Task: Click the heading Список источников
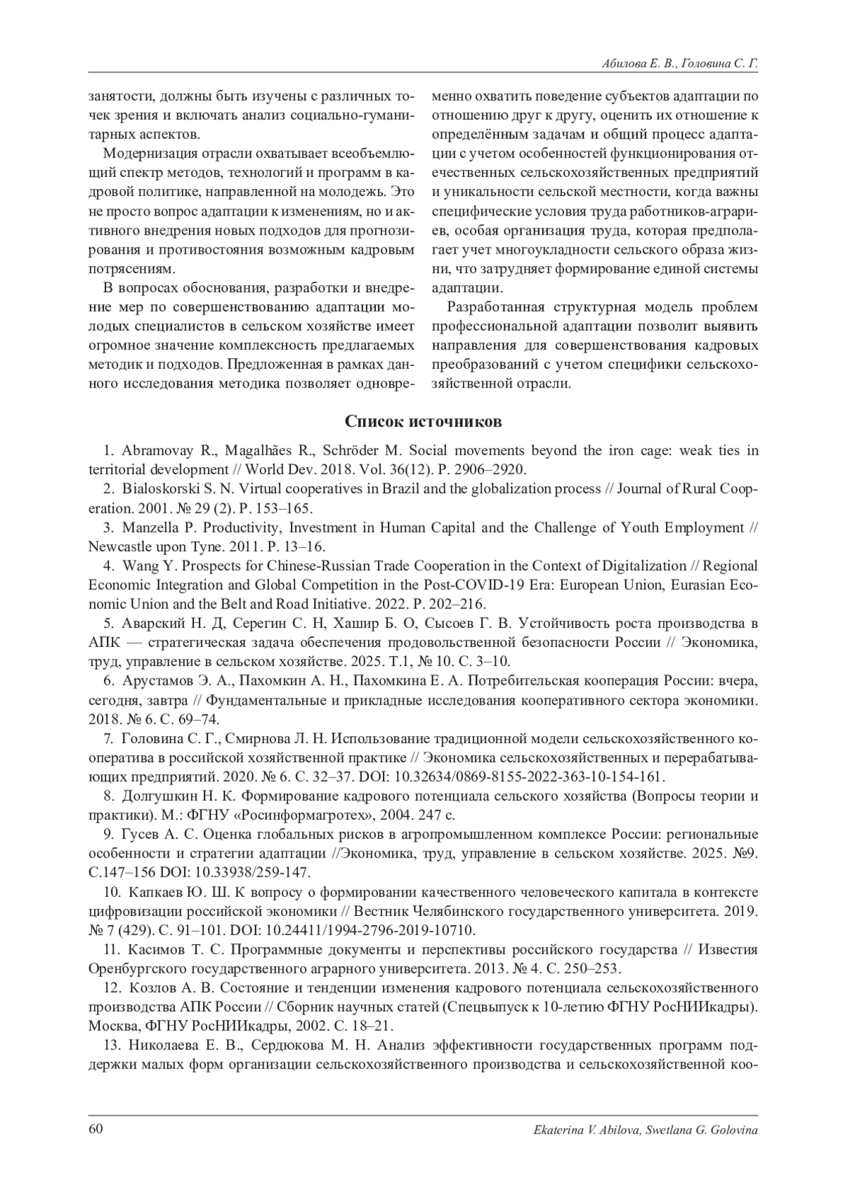(423, 421)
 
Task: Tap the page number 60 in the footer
(96, 1129)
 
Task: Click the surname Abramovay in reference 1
(152, 451)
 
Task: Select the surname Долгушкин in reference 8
(161, 797)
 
